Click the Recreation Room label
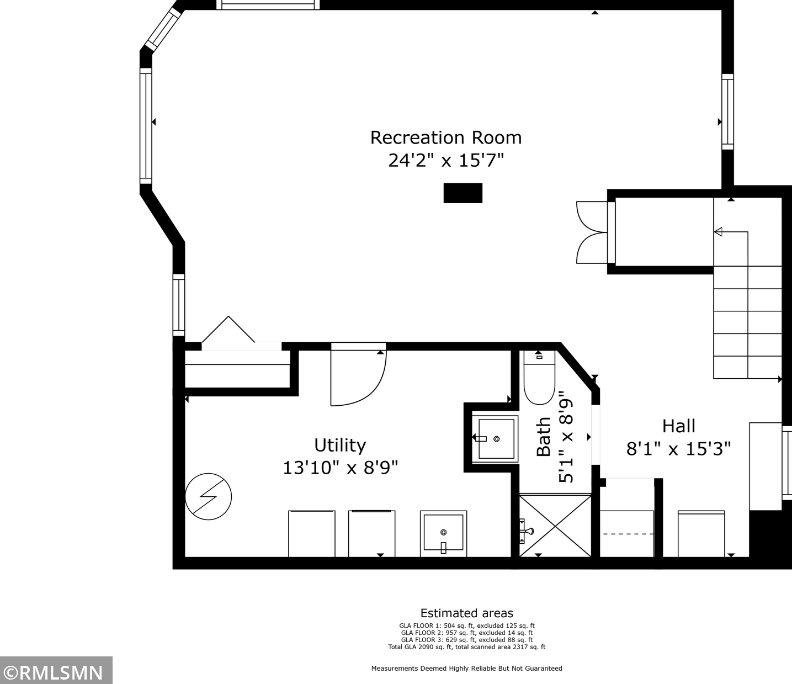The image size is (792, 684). (x=445, y=137)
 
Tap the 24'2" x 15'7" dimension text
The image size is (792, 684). (x=445, y=160)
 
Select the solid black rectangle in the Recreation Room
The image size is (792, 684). (x=463, y=193)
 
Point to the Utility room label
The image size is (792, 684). (x=340, y=446)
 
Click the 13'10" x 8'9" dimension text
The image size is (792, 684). (x=340, y=468)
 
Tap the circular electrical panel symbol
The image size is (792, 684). (x=209, y=497)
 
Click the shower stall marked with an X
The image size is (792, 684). (x=555, y=526)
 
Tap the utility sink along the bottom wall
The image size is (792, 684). (x=443, y=533)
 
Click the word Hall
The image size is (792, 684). (x=679, y=426)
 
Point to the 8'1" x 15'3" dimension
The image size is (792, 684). (x=679, y=448)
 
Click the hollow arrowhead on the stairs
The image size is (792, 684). (x=718, y=232)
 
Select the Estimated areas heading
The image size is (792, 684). (x=467, y=613)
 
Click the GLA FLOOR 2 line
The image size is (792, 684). (x=467, y=633)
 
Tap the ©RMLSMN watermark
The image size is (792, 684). (x=56, y=673)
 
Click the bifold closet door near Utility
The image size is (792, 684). (x=228, y=329)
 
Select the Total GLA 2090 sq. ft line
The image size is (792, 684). (x=467, y=647)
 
